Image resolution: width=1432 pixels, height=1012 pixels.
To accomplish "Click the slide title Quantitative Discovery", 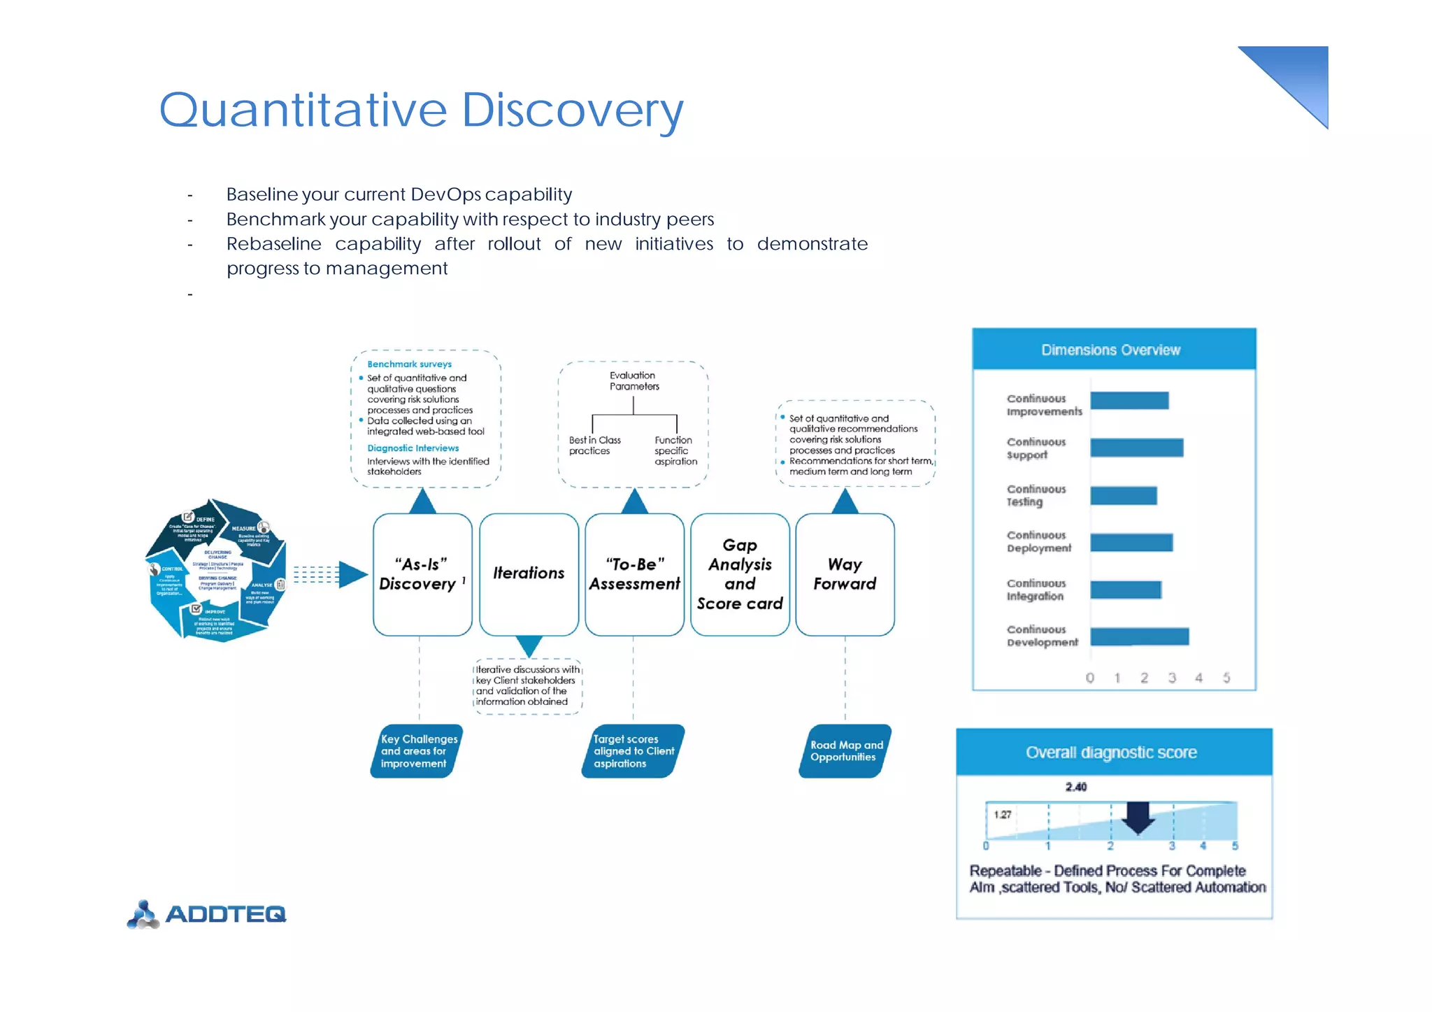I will (x=421, y=111).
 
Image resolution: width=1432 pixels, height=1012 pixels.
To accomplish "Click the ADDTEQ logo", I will (x=207, y=913).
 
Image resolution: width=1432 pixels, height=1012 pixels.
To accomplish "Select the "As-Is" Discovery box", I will (x=422, y=574).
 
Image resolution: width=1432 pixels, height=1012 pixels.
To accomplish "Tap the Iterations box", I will (x=529, y=574).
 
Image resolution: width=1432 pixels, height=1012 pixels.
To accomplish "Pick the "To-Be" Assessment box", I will (x=634, y=574).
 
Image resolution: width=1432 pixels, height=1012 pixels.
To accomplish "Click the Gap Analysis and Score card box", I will (x=740, y=574).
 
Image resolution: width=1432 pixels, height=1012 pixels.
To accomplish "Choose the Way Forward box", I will (x=845, y=574).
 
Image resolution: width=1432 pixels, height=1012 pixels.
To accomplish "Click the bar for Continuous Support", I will (x=1136, y=448).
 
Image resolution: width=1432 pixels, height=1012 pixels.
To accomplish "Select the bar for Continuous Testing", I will (x=1123, y=495).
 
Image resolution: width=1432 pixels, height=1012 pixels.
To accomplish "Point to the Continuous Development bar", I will (x=1139, y=636).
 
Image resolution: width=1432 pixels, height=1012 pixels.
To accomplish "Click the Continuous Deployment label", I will (x=1038, y=542).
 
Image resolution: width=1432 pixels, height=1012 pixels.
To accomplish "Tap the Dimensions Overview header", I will (x=1113, y=350).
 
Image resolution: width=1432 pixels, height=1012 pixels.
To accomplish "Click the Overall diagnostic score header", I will (x=1113, y=753).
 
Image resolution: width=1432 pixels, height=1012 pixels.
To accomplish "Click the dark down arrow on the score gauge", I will (x=1138, y=817).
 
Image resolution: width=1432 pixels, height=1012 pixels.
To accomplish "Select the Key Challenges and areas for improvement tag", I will (x=417, y=751).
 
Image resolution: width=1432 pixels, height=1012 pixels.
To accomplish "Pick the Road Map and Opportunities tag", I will (x=845, y=751).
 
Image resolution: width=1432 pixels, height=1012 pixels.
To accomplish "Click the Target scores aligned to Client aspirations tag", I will (x=633, y=751).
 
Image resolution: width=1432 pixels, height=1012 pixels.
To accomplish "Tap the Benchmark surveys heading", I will (x=409, y=364).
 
